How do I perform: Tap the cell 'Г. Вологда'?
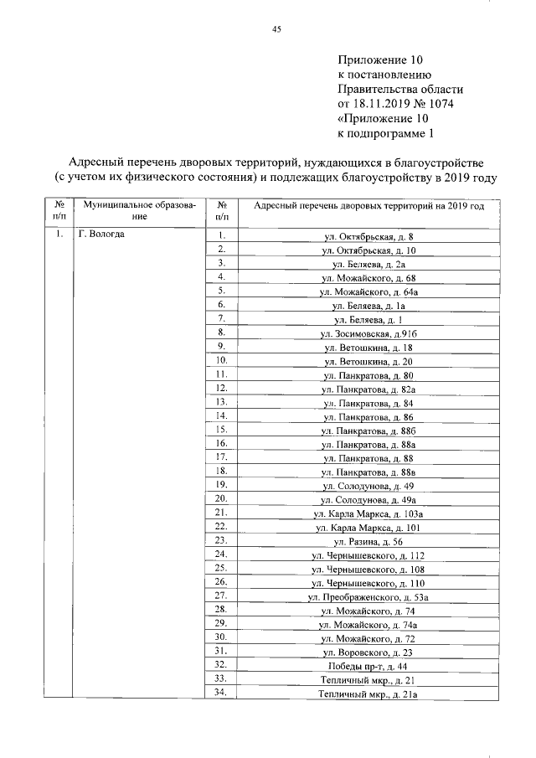101,234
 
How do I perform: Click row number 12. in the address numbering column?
222,389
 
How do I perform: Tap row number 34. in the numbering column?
222,693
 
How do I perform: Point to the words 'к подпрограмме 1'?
386,133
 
